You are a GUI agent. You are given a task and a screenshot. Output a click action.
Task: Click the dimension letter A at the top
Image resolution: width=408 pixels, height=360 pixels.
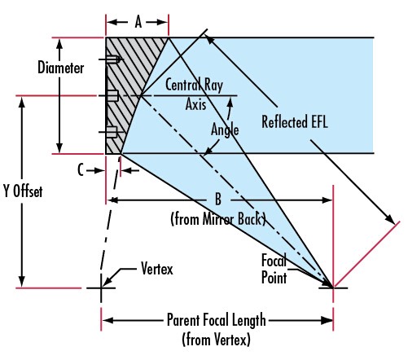point(138,22)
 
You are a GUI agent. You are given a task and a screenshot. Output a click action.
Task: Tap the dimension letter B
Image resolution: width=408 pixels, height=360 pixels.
point(218,200)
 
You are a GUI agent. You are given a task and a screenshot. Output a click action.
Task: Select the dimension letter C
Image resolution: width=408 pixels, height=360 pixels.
point(81,170)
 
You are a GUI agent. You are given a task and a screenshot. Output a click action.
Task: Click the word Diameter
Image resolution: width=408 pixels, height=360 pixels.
point(61,68)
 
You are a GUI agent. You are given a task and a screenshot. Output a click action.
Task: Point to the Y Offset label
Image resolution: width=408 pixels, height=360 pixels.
point(23,191)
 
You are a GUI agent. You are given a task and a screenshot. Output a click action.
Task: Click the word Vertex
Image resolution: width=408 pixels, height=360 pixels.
point(157,269)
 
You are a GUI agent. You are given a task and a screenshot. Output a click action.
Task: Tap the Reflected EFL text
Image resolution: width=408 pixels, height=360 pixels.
point(295,121)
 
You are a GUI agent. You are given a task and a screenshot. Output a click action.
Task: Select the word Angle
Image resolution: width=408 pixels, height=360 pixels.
point(225,130)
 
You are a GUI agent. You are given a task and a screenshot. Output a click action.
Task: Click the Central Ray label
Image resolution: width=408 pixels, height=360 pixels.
point(194,85)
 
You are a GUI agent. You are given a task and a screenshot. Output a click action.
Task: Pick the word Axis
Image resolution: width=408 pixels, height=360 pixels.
point(195,104)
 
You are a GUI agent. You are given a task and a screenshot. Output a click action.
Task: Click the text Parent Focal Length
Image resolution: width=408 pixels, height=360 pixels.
point(217,320)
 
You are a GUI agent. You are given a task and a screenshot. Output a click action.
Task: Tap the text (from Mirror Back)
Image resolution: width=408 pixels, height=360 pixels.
point(218,219)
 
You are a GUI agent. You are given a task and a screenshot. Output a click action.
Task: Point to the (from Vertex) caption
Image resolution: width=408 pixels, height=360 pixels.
point(217,339)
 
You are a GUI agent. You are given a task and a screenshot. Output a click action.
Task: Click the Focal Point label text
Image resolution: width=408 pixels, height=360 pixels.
point(274,269)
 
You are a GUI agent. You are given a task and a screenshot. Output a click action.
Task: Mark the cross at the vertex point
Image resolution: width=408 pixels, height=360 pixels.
point(101,288)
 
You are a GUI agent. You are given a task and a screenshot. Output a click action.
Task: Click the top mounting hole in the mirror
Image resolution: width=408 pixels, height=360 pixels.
point(112,59)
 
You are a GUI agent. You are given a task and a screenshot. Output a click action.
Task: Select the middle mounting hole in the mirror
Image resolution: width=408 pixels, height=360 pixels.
point(112,95)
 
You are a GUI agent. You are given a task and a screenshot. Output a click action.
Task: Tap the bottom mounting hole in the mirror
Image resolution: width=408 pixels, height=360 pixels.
point(112,132)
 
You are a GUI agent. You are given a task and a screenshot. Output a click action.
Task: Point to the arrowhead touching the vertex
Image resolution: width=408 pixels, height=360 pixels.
point(107,282)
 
